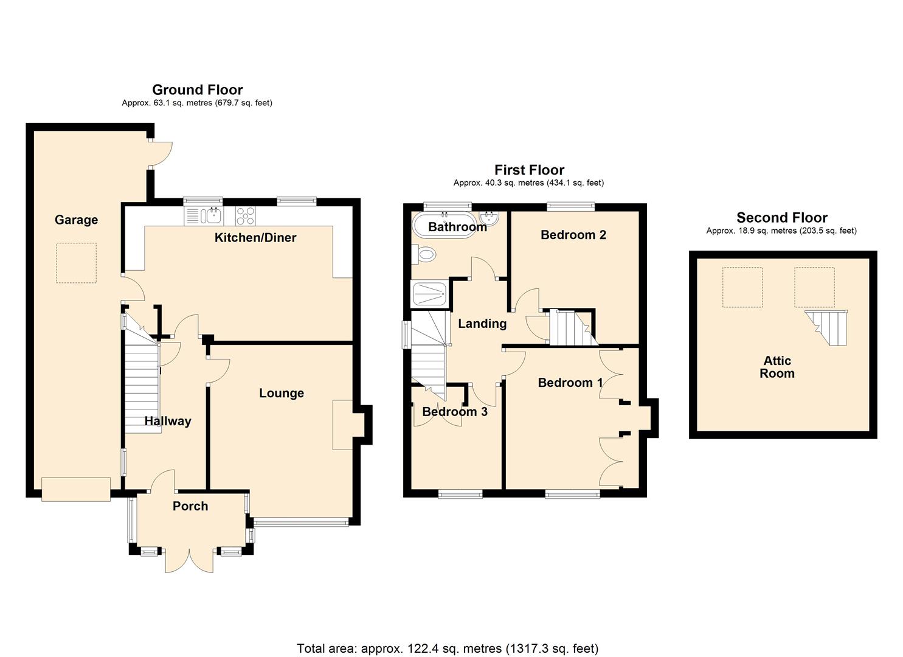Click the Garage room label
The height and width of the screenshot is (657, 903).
(x=76, y=220)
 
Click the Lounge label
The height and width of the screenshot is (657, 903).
(x=281, y=393)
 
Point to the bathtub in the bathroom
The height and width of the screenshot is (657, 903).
(x=443, y=226)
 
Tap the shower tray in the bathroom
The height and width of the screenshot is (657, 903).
(x=429, y=295)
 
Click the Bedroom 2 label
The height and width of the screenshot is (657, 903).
(x=573, y=235)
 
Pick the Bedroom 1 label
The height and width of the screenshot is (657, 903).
(x=570, y=383)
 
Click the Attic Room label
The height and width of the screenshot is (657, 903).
(x=777, y=367)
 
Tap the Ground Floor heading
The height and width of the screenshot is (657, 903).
(x=197, y=90)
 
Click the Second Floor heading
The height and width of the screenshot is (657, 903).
(x=781, y=218)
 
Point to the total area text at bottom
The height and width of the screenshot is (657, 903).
(x=448, y=648)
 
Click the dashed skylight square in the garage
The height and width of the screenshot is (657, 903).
(x=77, y=263)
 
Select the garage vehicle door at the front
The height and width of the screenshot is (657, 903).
(x=76, y=489)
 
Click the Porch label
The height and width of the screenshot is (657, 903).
(x=190, y=506)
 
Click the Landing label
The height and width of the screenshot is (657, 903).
(x=482, y=324)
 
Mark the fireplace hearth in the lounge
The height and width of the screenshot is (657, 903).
(x=342, y=425)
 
